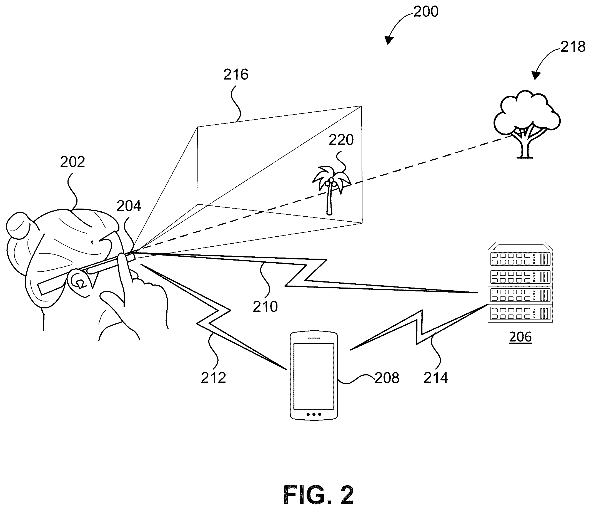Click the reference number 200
coord(426,12)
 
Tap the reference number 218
coord(573,46)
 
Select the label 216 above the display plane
coord(236,75)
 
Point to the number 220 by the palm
coord(341,140)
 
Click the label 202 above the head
coord(72,162)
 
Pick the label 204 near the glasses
coord(129,206)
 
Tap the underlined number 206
coord(520,337)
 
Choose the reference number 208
coord(387,378)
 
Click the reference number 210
coord(265,307)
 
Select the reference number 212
coord(213,378)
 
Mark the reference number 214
coord(436,378)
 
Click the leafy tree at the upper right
coord(527,125)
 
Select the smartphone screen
coord(314,376)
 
